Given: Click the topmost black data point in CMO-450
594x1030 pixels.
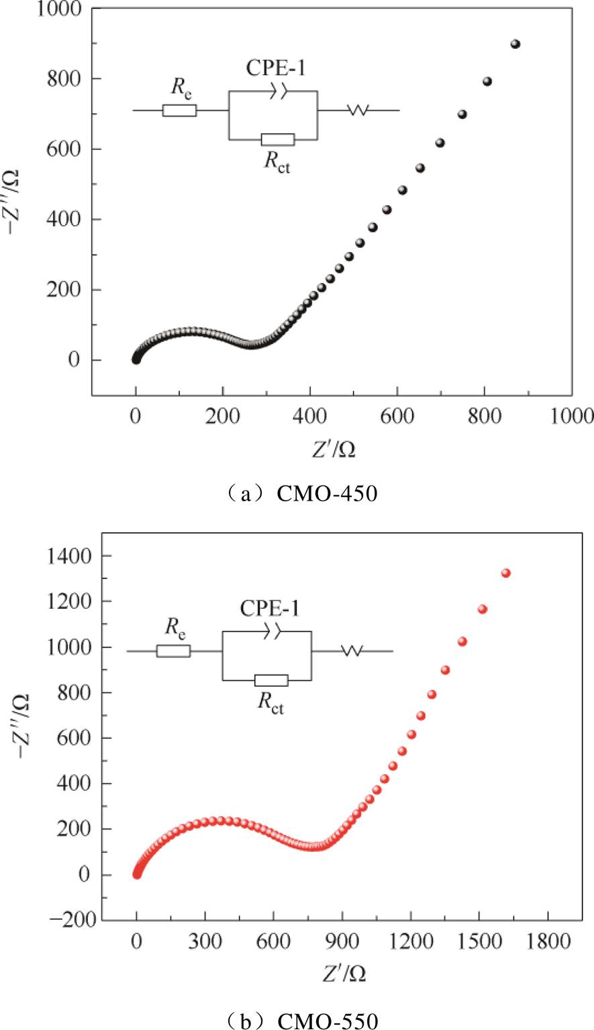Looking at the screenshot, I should (515, 44).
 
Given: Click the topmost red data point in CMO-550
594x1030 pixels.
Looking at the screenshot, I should (506, 573).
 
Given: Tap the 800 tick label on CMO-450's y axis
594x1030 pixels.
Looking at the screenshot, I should (66, 79).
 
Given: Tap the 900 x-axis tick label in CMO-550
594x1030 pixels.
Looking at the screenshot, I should (342, 942).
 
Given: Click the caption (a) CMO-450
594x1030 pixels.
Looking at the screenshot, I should (297, 495).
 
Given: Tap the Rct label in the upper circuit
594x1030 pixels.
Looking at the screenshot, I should (277, 163).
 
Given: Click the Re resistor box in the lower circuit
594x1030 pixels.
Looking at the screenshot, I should (173, 651).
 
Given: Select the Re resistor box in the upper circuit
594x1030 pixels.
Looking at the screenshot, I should (179, 110).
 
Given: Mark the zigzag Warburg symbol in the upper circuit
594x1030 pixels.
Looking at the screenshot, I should (358, 110).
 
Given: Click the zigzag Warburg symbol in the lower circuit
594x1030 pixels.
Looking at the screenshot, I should (352, 651).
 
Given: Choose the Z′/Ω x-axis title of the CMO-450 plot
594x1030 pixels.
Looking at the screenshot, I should (333, 449).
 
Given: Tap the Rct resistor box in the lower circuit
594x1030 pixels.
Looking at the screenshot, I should (271, 681).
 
